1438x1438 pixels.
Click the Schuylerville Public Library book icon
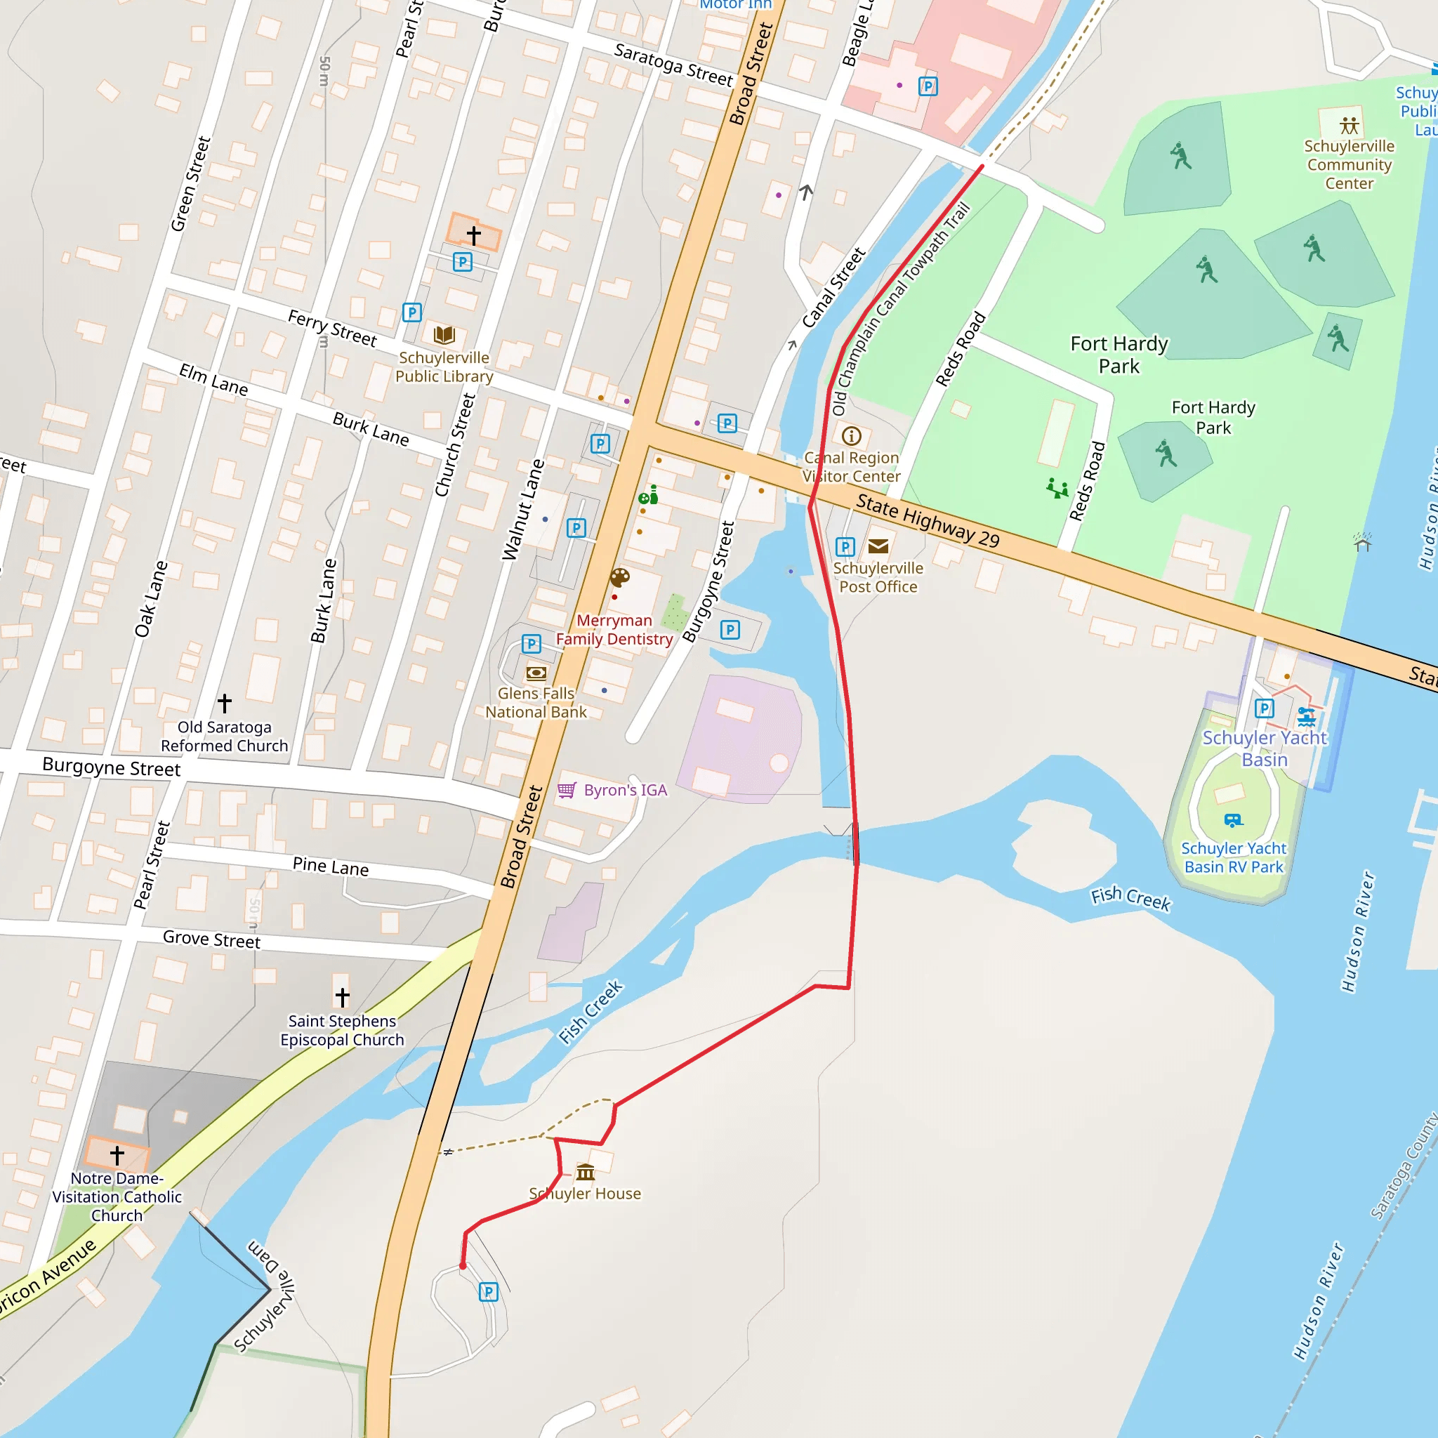tap(444, 334)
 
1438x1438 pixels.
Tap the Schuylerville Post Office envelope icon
tap(878, 547)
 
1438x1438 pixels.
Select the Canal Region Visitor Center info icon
tap(852, 436)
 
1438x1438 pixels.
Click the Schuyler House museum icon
tap(586, 1173)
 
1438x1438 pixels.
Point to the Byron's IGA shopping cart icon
tap(567, 790)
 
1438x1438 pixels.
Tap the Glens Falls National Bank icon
tap(536, 673)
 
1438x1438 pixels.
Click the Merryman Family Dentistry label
tap(614, 630)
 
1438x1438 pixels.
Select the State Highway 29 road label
tap(928, 521)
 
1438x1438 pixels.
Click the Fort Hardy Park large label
tap(1119, 355)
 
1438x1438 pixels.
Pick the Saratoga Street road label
tap(673, 65)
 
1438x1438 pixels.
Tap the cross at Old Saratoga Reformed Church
tap(225, 703)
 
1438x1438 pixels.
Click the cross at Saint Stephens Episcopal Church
tap(343, 996)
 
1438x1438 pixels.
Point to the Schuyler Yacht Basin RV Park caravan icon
tap(1233, 820)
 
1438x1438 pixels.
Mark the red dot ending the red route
tap(463, 1265)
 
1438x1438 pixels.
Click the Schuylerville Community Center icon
tap(1350, 125)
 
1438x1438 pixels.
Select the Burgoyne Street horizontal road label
tap(112, 767)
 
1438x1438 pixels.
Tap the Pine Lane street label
tap(331, 866)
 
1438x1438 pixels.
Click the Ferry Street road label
tap(333, 328)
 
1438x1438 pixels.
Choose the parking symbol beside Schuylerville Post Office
tap(845, 547)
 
